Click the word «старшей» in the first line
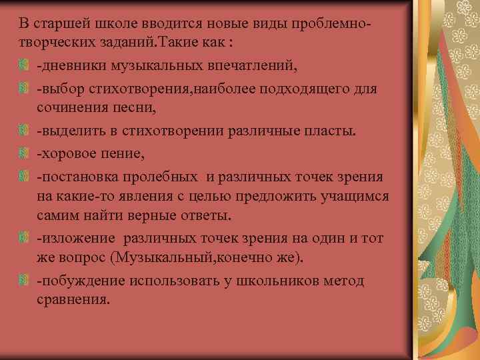click(59, 25)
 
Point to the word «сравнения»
click(71, 299)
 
